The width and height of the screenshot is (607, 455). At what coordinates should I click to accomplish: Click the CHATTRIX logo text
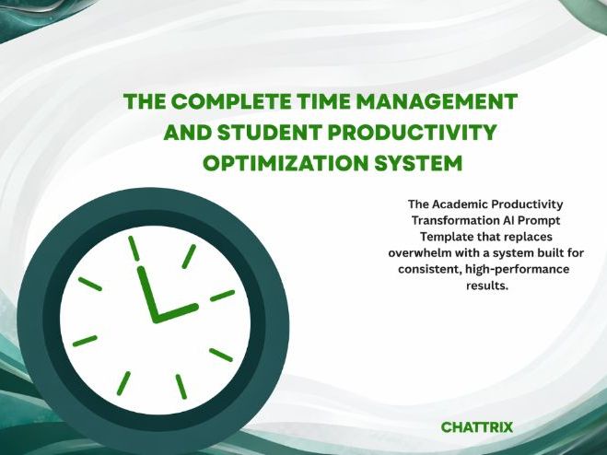click(477, 427)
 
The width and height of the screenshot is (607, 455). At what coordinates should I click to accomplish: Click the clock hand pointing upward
click(146, 292)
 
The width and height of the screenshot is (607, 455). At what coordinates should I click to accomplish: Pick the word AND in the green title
click(185, 133)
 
